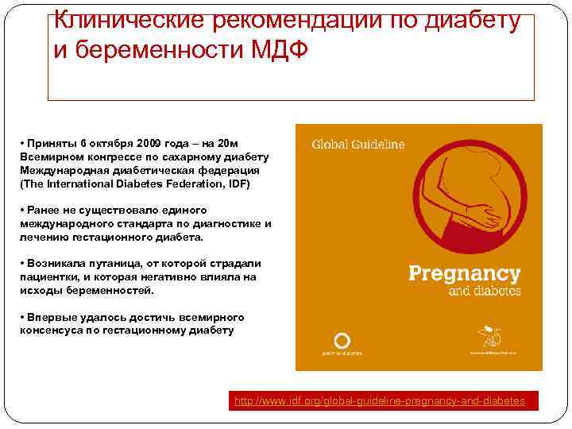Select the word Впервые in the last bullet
click(50, 317)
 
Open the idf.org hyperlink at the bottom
click(379, 401)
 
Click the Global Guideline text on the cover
click(357, 145)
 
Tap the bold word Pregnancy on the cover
click(464, 275)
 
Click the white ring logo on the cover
click(342, 341)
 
